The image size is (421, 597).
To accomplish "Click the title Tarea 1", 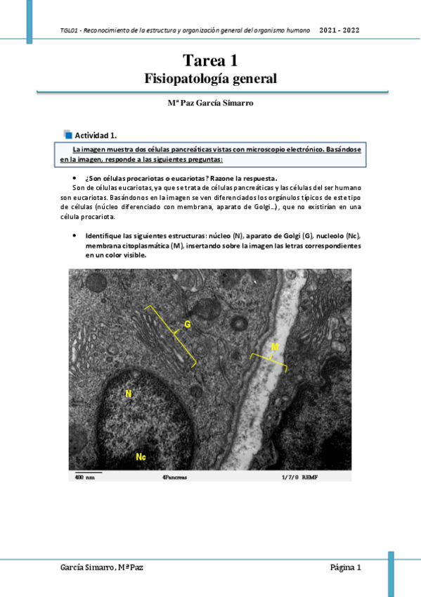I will pyautogui.click(x=210, y=61).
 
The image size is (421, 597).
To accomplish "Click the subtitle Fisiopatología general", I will pyautogui.click(x=210, y=78).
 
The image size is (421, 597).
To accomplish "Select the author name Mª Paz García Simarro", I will pyautogui.click(x=210, y=103).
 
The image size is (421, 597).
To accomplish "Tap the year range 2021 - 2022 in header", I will pyautogui.click(x=340, y=31).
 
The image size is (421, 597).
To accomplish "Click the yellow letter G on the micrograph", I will pyautogui.click(x=188, y=324).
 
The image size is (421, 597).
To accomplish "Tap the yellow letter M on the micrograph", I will pyautogui.click(x=275, y=347).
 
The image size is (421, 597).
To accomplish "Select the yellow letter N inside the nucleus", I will pyautogui.click(x=129, y=394).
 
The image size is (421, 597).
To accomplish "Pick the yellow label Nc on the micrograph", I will pyautogui.click(x=141, y=457).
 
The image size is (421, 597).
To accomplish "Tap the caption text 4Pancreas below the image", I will pyautogui.click(x=174, y=477).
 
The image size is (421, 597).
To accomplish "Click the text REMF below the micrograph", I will pyautogui.click(x=310, y=477).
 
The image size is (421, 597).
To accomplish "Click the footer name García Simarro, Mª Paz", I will pyautogui.click(x=96, y=567).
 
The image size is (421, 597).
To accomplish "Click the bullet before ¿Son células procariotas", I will pyautogui.click(x=75, y=178).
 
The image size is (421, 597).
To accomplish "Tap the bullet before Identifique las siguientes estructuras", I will pyautogui.click(x=75, y=234).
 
